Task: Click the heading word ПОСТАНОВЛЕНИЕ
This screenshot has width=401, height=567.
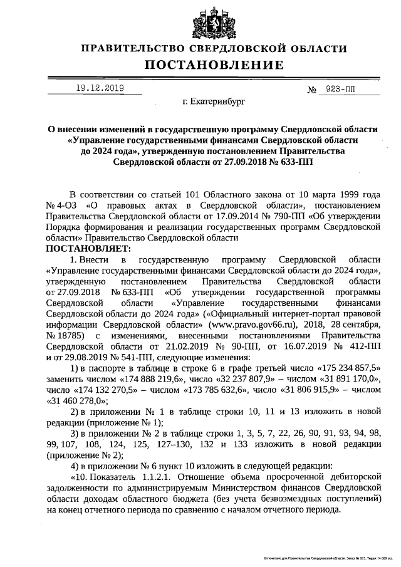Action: coord(214,65)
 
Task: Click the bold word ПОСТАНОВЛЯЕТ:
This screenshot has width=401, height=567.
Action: coord(84,249)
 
